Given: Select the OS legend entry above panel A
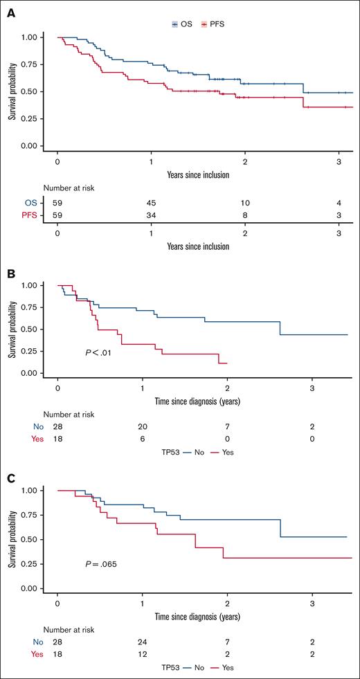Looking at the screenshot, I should (182, 24).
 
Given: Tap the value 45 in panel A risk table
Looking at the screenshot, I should (151, 203).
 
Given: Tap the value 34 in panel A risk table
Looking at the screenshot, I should (151, 215).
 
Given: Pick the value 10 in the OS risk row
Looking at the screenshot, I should (245, 203).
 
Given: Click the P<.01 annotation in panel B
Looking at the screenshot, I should (97, 353).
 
